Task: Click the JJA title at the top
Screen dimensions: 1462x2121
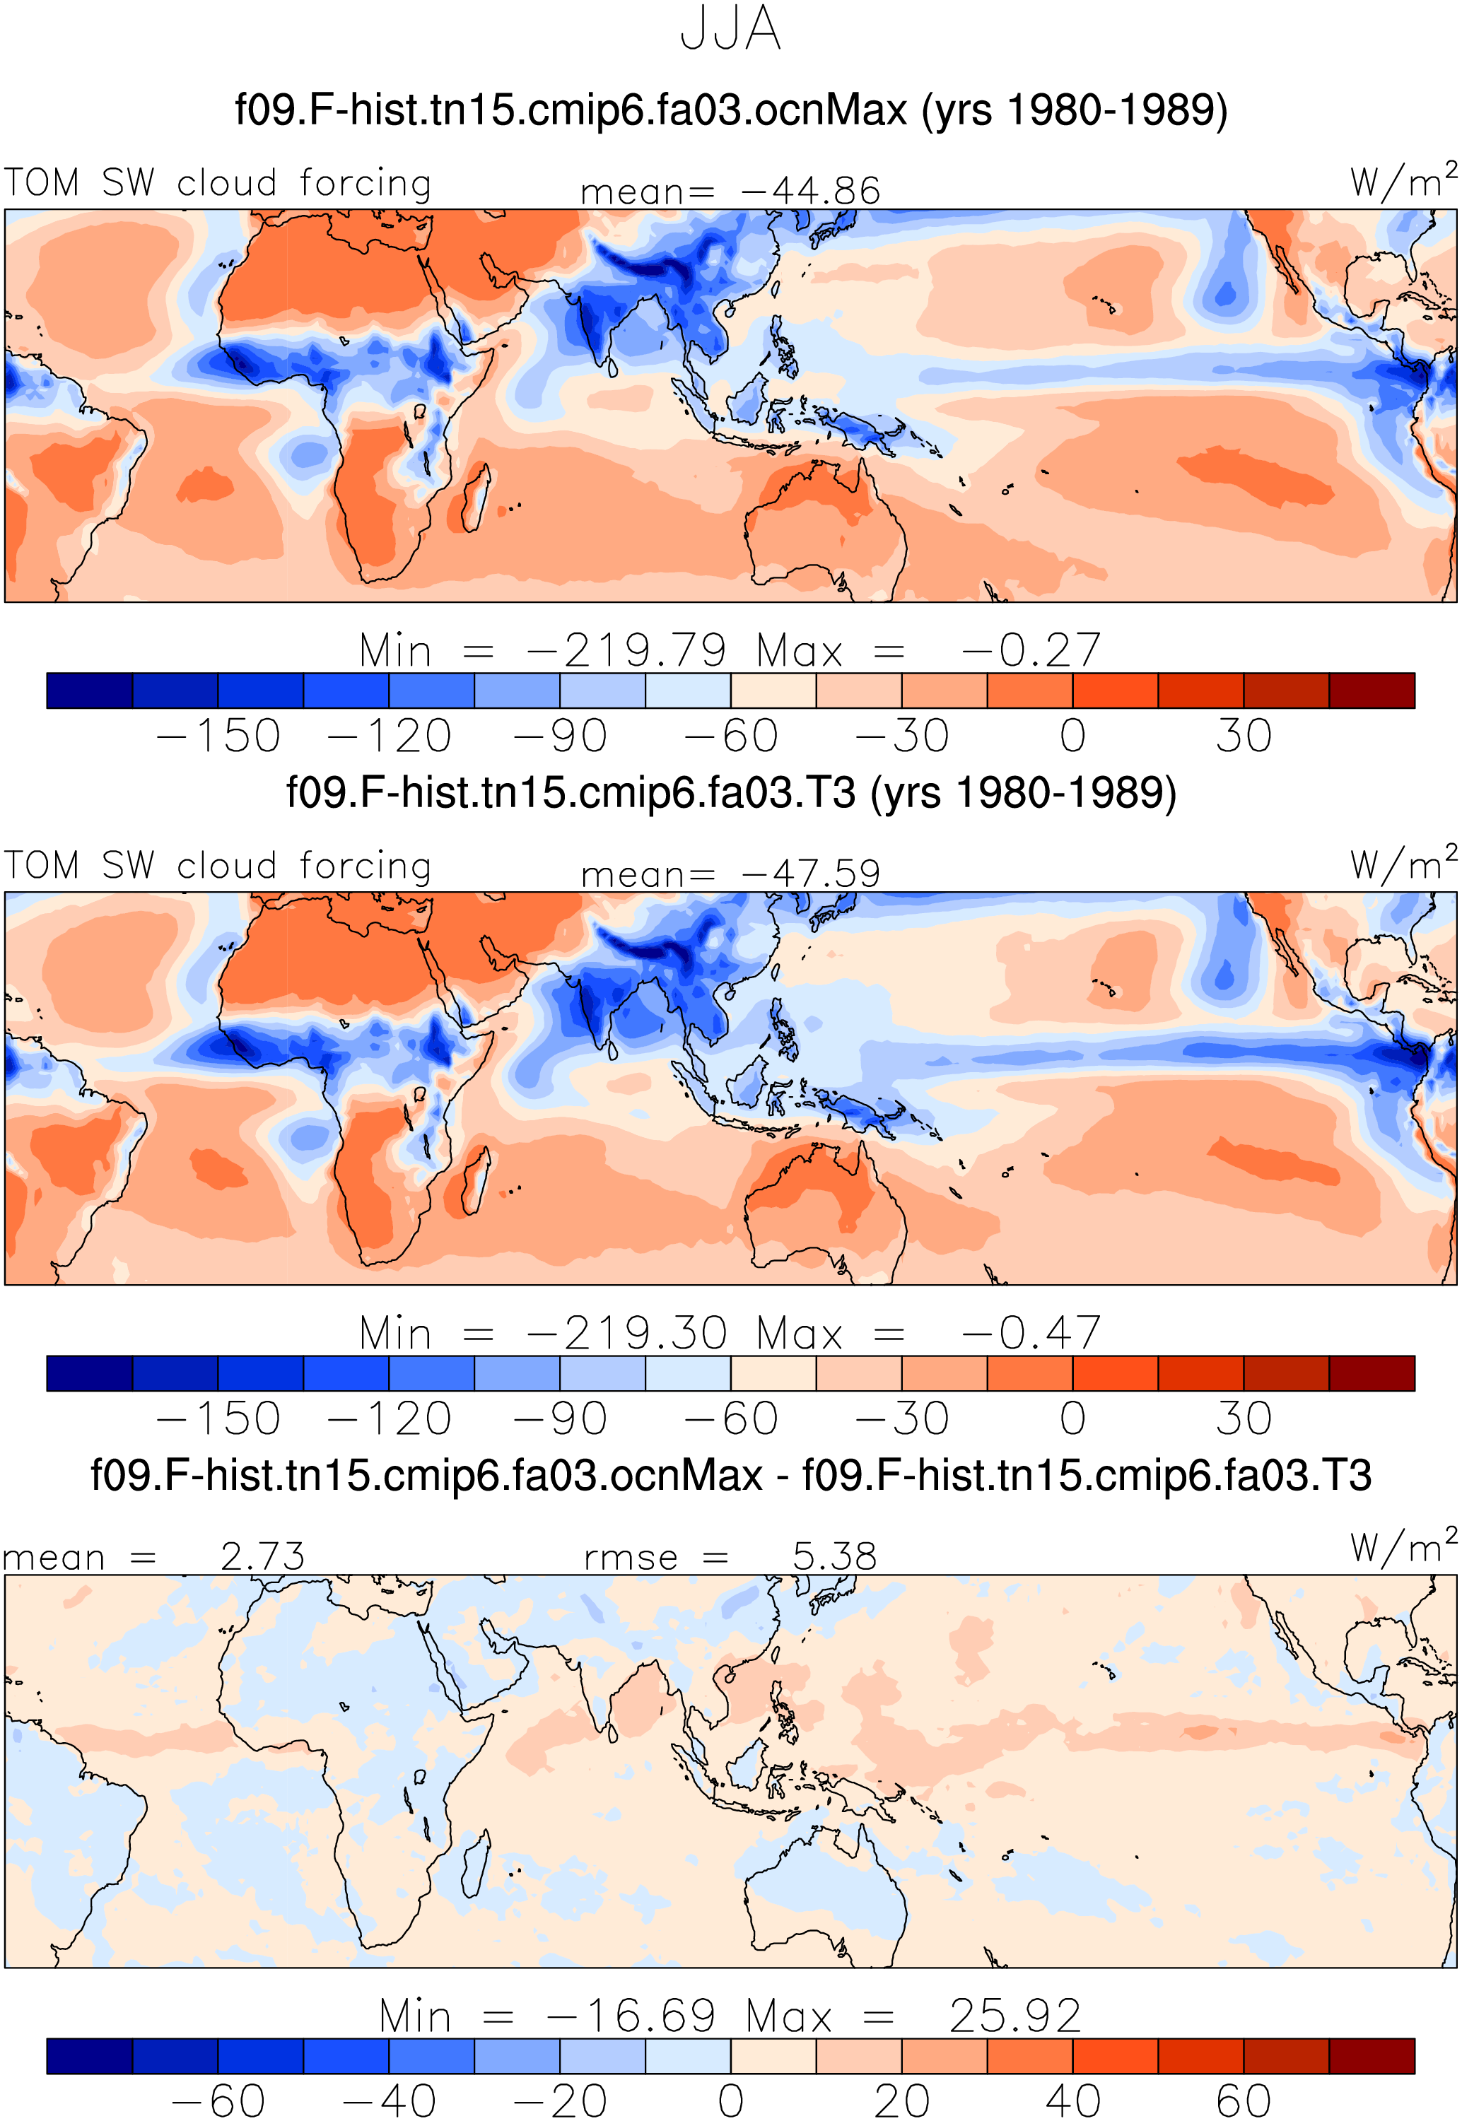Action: (731, 30)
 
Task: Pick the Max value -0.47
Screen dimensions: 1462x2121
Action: (1031, 1334)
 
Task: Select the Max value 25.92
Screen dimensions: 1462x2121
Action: (1015, 2016)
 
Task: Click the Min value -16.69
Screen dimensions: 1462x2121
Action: (631, 2016)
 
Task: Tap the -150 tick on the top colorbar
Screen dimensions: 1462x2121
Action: (218, 736)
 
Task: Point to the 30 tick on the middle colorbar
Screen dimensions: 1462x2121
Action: (1244, 1418)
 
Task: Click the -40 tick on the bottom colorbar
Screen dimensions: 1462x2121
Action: (390, 2100)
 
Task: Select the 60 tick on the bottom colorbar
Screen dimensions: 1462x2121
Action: (1244, 2100)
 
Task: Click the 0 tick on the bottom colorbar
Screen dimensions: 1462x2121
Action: (731, 2100)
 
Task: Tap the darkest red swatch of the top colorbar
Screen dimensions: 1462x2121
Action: (1372, 691)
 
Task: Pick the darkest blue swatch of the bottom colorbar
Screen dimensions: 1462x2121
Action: (90, 2056)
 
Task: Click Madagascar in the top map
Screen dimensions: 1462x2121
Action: (475, 498)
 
